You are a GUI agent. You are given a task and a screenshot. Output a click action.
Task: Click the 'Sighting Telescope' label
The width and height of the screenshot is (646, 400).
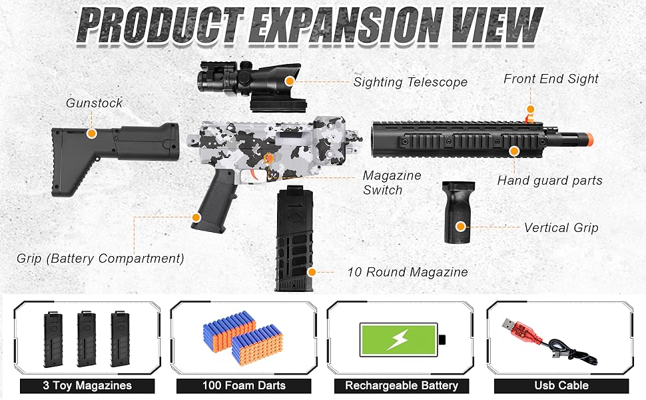(410, 83)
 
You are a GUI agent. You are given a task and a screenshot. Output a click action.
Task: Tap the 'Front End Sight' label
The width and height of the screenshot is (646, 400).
(551, 79)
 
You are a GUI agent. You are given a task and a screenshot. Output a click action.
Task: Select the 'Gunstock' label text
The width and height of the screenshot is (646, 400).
(94, 103)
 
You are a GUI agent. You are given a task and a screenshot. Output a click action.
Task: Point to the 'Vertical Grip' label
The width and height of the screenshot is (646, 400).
(561, 227)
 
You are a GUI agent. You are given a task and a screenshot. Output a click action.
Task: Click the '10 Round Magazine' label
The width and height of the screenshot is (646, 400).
(407, 272)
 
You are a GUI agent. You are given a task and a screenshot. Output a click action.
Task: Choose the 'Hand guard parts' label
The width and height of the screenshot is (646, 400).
(549, 181)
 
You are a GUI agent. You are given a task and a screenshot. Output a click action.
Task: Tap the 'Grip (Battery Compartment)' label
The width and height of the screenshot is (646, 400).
(100, 258)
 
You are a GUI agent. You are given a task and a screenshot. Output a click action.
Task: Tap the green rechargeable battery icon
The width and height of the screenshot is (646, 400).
(398, 339)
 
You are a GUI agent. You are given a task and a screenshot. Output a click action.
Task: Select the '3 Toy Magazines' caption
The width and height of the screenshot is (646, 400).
(87, 385)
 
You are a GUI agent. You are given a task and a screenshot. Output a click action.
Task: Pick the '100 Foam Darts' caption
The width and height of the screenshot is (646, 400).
(244, 385)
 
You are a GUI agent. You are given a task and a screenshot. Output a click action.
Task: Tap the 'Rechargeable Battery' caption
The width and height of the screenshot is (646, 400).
(401, 385)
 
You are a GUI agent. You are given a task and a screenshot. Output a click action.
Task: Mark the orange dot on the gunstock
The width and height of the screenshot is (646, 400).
(91, 133)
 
